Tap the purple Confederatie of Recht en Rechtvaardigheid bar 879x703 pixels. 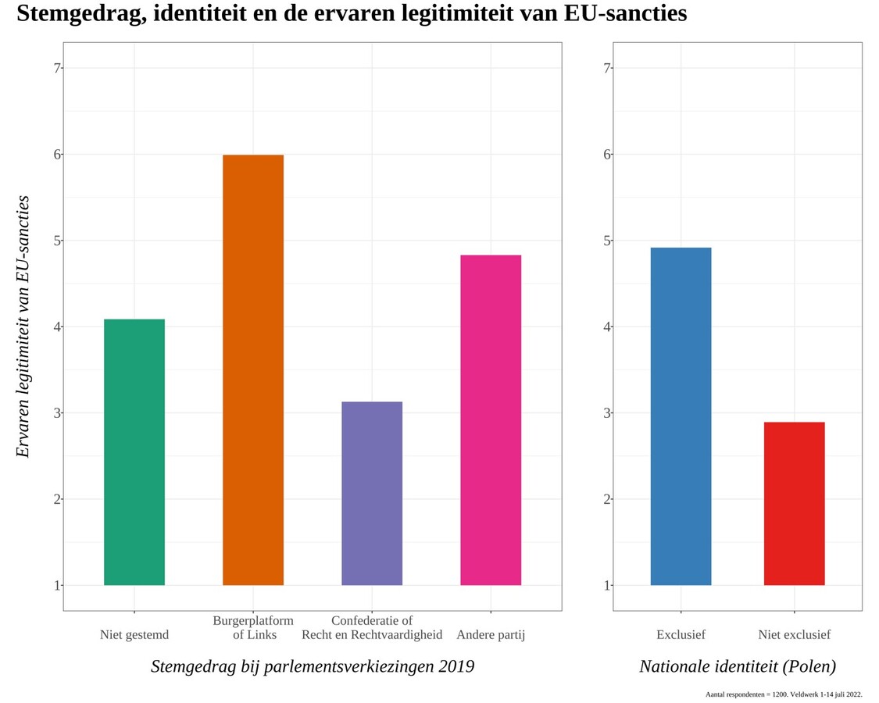(x=372, y=493)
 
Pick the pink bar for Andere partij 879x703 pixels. (x=491, y=419)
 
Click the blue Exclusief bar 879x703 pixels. (x=681, y=416)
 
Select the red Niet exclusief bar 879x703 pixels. (x=794, y=503)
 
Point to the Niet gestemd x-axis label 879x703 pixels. (x=134, y=634)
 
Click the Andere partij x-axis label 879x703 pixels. (x=491, y=634)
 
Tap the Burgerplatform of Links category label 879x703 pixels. (x=253, y=627)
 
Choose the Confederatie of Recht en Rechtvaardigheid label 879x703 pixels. (x=372, y=627)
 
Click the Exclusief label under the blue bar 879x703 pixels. (x=681, y=634)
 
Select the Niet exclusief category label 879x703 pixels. (x=794, y=634)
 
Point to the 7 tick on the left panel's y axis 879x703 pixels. (x=57, y=68)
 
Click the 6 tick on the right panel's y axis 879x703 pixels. (x=607, y=154)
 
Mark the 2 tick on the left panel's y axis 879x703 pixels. (x=57, y=499)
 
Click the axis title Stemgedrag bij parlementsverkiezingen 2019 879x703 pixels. (x=313, y=666)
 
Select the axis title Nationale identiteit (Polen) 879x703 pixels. (x=738, y=666)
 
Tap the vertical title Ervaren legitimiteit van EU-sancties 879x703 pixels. (x=23, y=327)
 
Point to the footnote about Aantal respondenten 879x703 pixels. (x=784, y=694)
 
